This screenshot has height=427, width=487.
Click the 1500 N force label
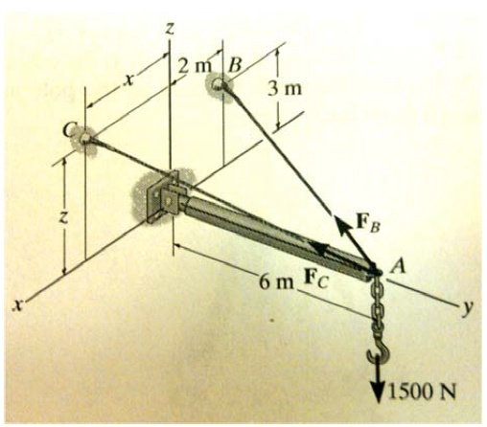point(429,391)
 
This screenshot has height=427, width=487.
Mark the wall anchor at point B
point(222,87)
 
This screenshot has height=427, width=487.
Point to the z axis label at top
point(168,29)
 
